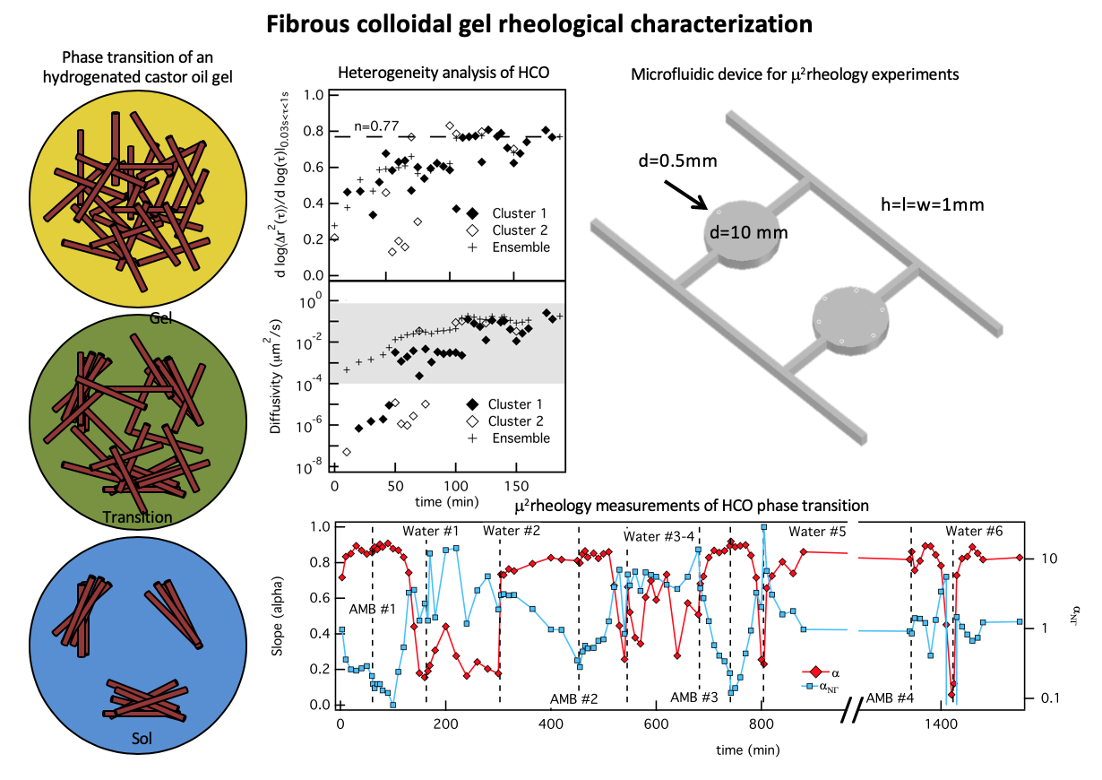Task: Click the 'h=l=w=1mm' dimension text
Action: click(x=934, y=204)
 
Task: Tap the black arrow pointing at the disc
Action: click(x=688, y=195)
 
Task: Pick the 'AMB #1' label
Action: click(x=373, y=609)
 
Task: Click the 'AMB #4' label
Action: click(x=891, y=697)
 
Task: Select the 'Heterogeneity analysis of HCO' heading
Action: click(x=443, y=73)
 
